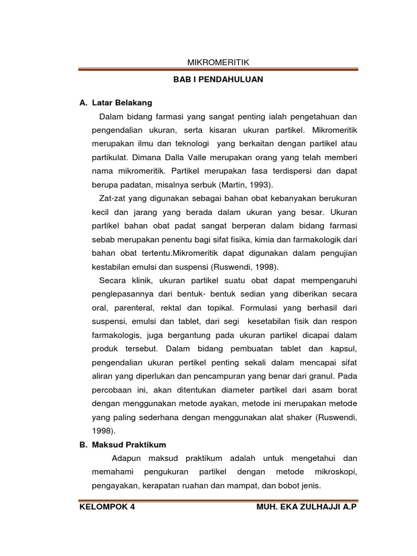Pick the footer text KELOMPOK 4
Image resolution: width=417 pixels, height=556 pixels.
107,507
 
